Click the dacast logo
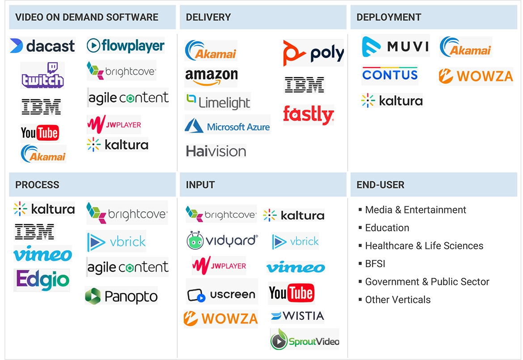[x=42, y=46]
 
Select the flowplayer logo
[x=126, y=46]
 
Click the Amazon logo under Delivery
[x=211, y=77]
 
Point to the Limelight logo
[x=218, y=102]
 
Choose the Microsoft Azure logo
[x=228, y=126]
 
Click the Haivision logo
[x=216, y=151]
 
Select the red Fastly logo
[x=308, y=115]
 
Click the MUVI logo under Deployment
[x=395, y=46]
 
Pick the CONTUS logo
[x=390, y=75]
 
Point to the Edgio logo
[x=42, y=280]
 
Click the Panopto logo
[x=121, y=296]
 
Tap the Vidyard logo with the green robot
[x=222, y=241]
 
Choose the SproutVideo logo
[x=304, y=342]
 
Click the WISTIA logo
[x=297, y=316]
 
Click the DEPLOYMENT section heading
[x=388, y=17]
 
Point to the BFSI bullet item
[x=375, y=264]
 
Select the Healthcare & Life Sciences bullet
[x=424, y=246]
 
